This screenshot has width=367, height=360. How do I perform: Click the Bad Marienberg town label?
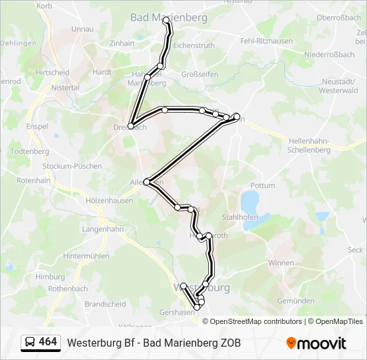point(169,17)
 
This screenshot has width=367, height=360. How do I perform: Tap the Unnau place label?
point(82,29)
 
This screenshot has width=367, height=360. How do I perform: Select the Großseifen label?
point(200,74)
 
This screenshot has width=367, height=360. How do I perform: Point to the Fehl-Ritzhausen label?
point(266,41)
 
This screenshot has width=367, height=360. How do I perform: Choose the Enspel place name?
point(37,126)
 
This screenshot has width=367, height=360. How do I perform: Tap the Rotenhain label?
point(33,181)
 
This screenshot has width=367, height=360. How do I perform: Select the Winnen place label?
point(280,263)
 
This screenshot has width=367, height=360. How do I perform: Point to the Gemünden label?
point(296,301)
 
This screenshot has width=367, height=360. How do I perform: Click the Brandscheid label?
point(105,304)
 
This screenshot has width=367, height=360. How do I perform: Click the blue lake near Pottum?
point(250,199)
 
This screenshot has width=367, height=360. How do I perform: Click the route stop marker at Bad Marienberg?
point(166,22)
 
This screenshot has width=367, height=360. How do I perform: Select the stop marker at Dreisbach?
point(131,126)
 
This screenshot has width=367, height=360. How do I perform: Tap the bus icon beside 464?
point(30,342)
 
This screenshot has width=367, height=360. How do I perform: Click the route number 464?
point(48,342)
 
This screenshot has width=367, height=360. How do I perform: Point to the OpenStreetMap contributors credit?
point(256,321)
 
